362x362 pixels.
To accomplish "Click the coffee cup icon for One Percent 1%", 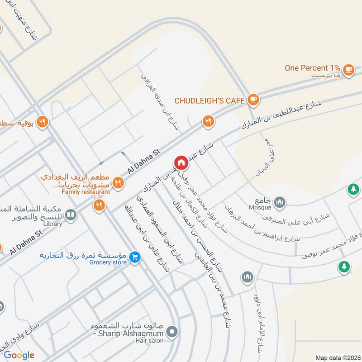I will coord(348,69).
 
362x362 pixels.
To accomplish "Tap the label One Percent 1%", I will coord(312,68).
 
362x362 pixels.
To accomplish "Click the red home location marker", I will coord(181,162).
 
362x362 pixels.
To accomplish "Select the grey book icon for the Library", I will coord(70,214).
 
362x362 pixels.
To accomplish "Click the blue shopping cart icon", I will coord(134,257).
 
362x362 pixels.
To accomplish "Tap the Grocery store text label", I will coord(108,262).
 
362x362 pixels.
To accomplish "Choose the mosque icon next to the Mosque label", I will coord(280,200).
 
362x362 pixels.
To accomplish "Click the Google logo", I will coord(19,355).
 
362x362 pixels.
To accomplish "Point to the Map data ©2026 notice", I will coord(338,357).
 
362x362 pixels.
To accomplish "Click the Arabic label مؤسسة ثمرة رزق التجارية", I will coord(86,255).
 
